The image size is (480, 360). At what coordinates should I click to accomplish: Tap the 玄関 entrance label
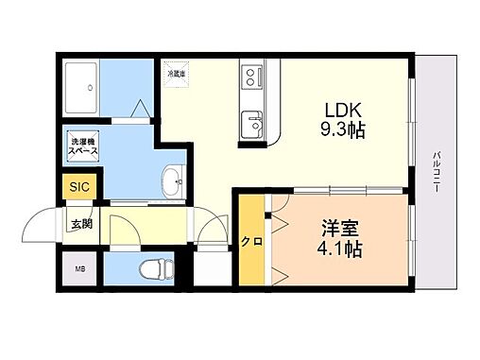coord(81,225)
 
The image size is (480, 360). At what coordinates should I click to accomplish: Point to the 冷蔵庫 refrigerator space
coord(177,74)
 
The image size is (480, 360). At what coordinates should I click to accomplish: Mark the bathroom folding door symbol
coord(140,112)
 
